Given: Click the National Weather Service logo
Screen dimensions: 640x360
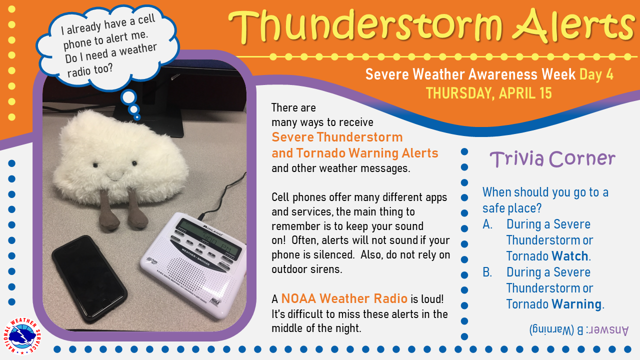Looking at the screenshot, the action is (21, 336).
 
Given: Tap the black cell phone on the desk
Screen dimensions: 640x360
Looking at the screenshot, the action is (89, 279).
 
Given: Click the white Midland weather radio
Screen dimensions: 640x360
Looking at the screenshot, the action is (193, 264).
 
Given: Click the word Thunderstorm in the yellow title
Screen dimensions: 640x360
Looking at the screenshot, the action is (365, 26).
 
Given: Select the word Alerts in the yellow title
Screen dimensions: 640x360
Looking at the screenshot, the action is (574, 26).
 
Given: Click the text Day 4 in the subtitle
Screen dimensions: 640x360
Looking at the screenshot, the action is (596, 74).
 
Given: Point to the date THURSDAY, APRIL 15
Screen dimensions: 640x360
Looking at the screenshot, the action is (488, 93).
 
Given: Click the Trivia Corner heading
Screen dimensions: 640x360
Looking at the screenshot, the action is (552, 158).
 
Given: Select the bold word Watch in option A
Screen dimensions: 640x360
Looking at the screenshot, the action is (569, 256).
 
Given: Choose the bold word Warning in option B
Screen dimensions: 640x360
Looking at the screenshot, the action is (576, 304).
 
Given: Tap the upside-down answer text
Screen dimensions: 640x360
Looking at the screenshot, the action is (579, 330).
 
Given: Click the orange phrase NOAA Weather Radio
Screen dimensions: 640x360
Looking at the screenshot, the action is (344, 298).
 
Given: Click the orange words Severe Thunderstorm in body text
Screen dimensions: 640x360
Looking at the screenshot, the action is (337, 137).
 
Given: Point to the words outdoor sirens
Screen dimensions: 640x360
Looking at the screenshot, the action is (306, 269).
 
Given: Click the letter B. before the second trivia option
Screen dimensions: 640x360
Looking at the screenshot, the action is (487, 272).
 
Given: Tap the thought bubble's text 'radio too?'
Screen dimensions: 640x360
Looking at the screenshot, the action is (90, 70).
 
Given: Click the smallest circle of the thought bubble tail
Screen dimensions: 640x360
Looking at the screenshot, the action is (137, 117).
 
